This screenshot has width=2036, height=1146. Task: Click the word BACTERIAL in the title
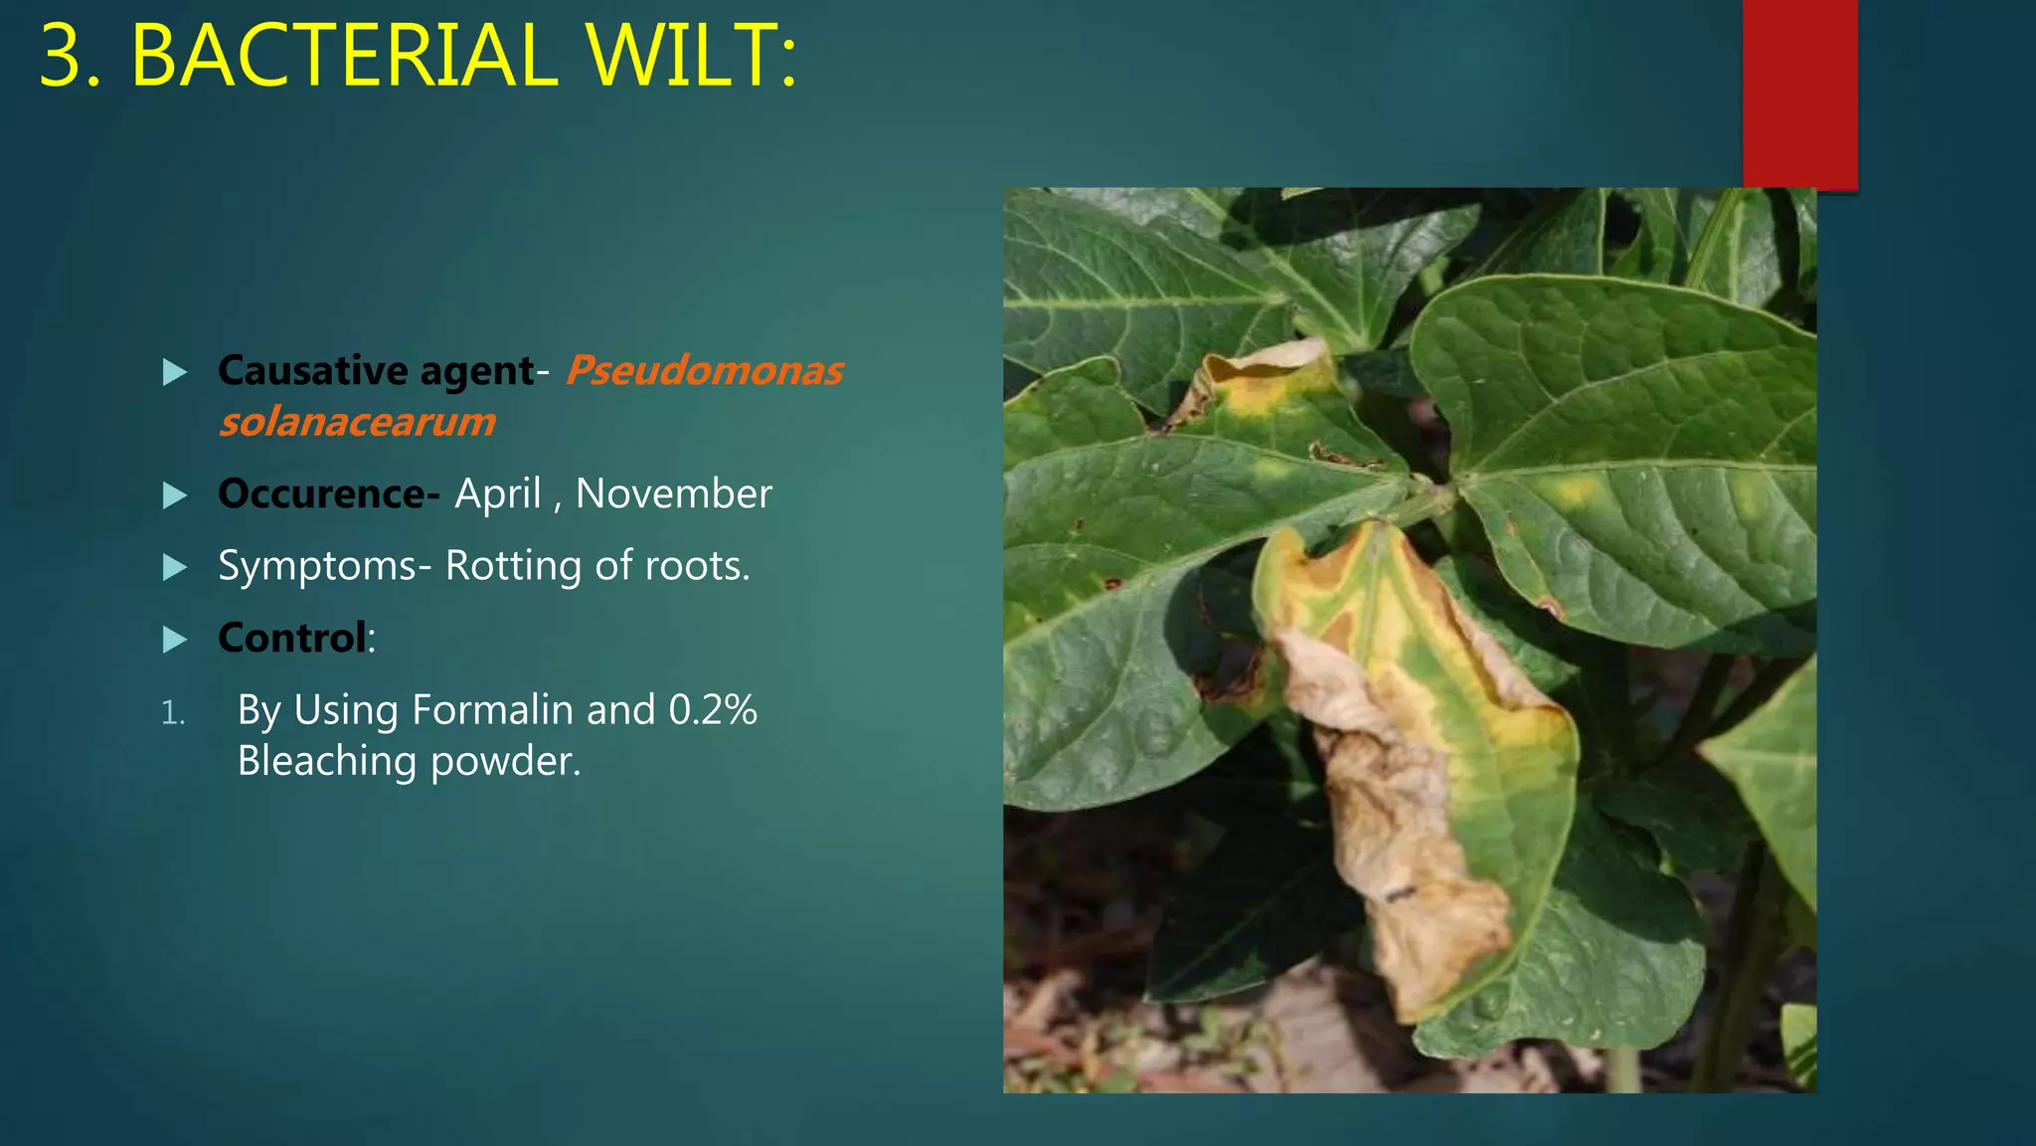344,56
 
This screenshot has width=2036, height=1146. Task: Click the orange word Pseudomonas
704,371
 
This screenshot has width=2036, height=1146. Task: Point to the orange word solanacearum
357,422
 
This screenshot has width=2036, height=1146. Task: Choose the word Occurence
322,493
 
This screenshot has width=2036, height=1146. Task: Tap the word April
498,493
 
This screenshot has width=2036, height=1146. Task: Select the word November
673,493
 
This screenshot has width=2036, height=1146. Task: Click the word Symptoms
317,566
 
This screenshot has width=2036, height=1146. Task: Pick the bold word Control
292,638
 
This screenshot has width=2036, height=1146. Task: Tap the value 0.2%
713,710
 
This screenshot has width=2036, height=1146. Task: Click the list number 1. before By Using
173,712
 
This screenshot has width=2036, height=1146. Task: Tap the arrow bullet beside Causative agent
175,373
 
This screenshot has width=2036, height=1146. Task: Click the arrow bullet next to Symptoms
175,568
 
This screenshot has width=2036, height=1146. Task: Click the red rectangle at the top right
1799,95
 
